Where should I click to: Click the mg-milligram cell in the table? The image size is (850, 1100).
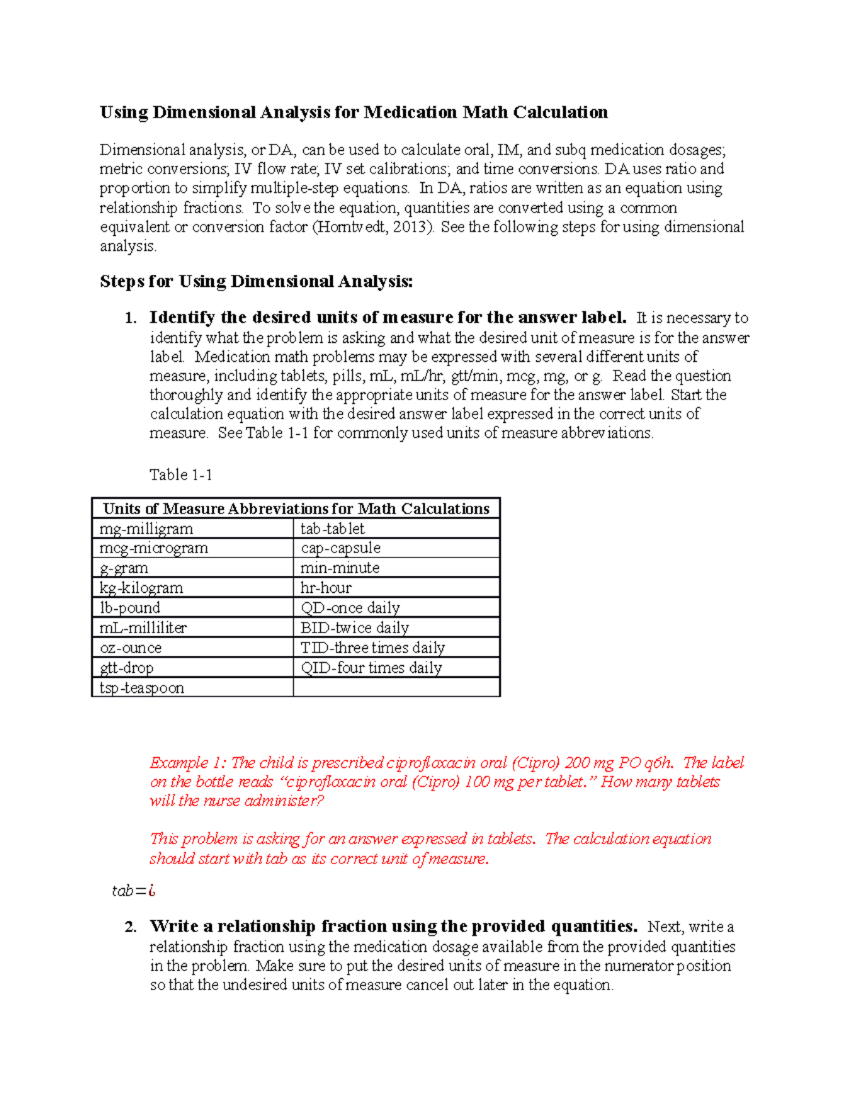pos(146,528)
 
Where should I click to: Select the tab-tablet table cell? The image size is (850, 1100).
pos(332,528)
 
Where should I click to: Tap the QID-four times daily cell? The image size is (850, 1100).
pos(371,667)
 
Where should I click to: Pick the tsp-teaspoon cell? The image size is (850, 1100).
pos(142,688)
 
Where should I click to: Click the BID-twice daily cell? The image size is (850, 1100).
pos(355,628)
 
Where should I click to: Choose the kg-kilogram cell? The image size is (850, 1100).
pos(142,588)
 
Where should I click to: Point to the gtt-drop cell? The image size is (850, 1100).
pos(127,667)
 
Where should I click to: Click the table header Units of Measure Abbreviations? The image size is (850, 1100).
pos(296,509)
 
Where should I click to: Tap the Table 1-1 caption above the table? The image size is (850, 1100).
pos(181,475)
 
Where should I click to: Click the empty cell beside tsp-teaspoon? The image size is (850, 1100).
pos(397,688)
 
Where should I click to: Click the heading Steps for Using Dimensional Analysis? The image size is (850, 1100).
pos(256,281)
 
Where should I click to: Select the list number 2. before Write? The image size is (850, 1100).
pos(130,927)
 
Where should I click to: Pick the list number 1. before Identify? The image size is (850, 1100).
pos(130,318)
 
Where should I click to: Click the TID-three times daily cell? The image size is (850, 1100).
pos(373,647)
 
